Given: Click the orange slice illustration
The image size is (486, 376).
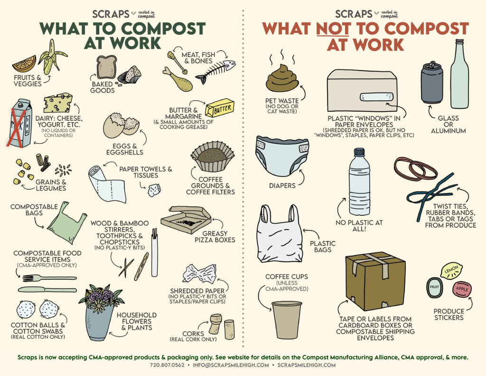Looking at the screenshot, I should pos(24,64).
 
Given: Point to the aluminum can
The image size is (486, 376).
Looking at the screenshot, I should pos(431,83).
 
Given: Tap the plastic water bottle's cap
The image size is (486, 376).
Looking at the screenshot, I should pos(359,153).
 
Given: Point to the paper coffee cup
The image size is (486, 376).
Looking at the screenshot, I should pos(287,319).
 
